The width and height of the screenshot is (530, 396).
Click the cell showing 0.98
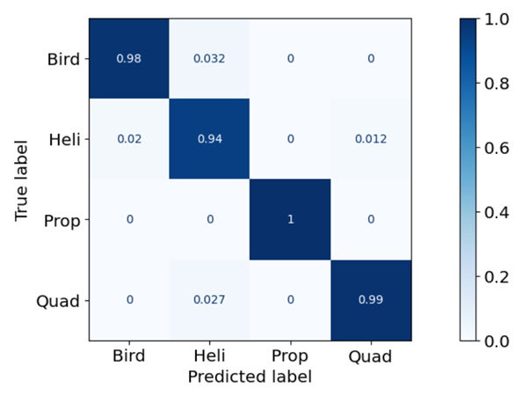click(129, 59)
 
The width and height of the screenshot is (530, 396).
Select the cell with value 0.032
click(209, 59)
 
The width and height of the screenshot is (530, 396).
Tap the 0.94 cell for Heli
click(209, 139)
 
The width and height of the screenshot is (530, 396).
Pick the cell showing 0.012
click(371, 139)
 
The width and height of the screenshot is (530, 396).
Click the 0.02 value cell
click(129, 139)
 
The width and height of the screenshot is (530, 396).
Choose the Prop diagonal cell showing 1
click(290, 219)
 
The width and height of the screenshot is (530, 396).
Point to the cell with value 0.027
click(209, 300)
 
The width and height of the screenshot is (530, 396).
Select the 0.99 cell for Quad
click(371, 300)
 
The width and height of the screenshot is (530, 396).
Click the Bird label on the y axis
click(63, 59)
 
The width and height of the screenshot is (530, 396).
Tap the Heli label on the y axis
click(64, 139)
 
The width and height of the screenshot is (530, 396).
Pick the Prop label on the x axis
click(290, 356)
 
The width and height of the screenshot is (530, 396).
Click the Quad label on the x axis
click(370, 356)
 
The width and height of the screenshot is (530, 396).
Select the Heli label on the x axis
click(209, 356)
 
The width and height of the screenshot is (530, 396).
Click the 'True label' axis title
click(21, 180)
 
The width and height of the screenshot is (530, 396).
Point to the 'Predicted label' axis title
click(250, 377)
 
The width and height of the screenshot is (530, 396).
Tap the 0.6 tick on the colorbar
click(497, 148)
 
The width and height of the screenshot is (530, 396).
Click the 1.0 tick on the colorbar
click(497, 19)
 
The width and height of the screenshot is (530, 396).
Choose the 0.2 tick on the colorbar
click(497, 277)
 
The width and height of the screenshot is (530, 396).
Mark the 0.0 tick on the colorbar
click(497, 341)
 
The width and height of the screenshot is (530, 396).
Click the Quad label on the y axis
click(58, 301)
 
